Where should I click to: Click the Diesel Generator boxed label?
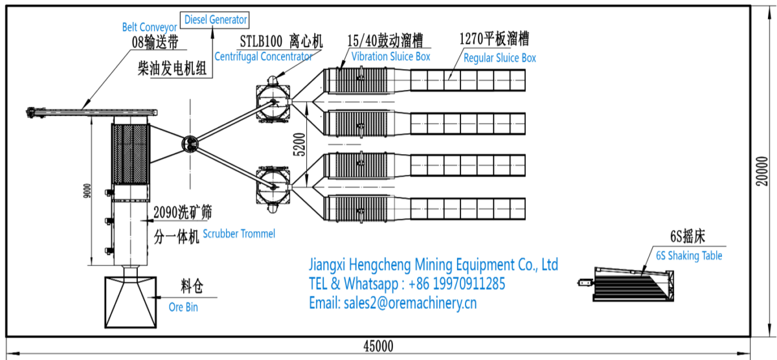click(215, 20)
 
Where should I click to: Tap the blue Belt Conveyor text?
click(150, 27)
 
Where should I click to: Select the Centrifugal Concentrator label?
click(264, 56)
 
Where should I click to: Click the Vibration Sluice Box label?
click(390, 56)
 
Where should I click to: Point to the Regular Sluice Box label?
click(499, 58)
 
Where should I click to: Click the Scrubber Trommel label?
click(239, 234)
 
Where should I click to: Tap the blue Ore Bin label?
click(183, 307)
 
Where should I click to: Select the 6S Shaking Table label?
click(689, 256)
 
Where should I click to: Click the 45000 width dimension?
click(378, 346)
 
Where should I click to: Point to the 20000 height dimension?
click(762, 171)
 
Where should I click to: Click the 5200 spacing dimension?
click(299, 144)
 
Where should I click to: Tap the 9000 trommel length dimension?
click(87, 191)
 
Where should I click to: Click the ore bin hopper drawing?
click(131, 302)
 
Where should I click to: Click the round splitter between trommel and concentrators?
click(190, 144)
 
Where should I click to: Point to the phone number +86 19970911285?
click(457, 284)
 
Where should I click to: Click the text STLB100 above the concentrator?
click(261, 41)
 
